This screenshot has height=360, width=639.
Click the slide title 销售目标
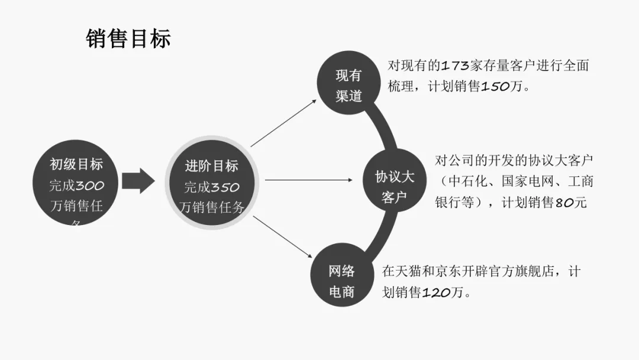128,39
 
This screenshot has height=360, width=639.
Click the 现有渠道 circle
348,85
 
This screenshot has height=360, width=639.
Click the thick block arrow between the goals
138,181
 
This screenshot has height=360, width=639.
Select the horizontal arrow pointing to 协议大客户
308,179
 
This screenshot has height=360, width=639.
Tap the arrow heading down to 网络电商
283,237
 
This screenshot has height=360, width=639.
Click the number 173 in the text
455,66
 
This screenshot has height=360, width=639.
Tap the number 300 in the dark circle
89,186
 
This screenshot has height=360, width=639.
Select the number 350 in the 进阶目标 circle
225,188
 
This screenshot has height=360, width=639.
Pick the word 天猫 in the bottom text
414,272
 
